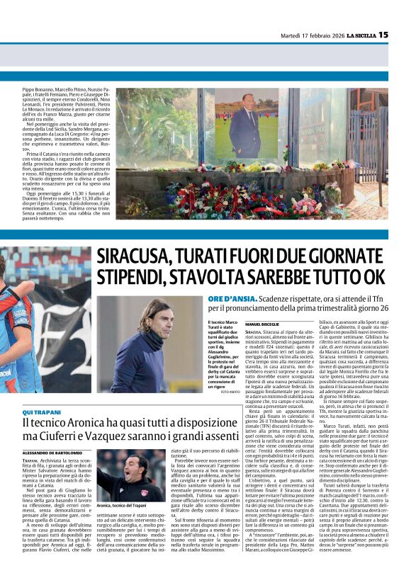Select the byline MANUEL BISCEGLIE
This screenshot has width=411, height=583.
tap(263, 322)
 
